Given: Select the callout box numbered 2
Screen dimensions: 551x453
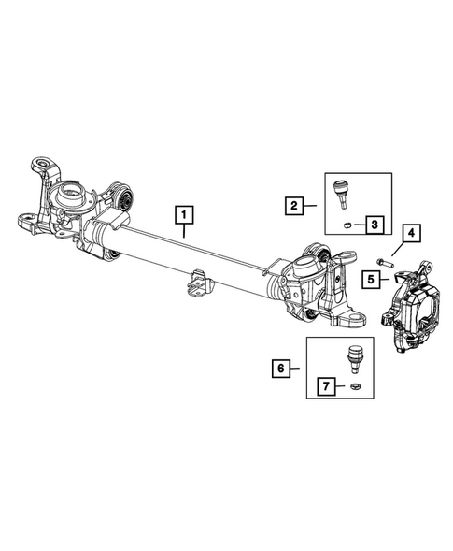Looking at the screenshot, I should coord(293,205).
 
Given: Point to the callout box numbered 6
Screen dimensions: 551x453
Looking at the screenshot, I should coord(278,370).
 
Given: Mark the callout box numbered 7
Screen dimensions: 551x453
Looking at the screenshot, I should coord(327,385).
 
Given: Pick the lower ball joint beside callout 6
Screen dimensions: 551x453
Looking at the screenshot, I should coord(355,356).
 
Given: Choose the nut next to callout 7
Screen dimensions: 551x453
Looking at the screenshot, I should coord(355,385).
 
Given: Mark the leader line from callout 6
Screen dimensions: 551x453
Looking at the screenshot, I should coord(296,370).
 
